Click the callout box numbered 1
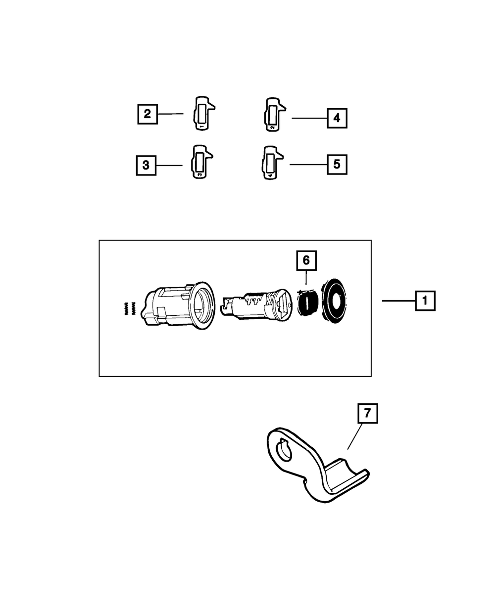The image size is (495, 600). tap(425, 300)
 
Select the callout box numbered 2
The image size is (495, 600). tap(147, 114)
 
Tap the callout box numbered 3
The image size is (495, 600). tap(146, 165)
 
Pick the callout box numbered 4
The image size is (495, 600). tap(337, 118)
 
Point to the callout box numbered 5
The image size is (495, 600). tap(337, 164)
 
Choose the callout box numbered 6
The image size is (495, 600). tap(306, 260)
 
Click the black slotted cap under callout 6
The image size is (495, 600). tap(308, 303)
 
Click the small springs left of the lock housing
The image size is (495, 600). tap(129, 310)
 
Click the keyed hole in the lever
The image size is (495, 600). tap(284, 450)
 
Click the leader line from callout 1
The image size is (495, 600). tap(398, 300)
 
